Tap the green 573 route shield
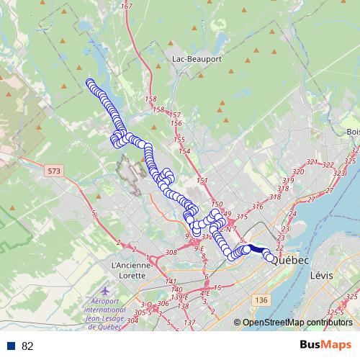(x=53, y=171)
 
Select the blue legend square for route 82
(x=12, y=346)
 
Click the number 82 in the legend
(x=27, y=346)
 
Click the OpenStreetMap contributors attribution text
(x=297, y=323)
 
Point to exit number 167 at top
(x=127, y=6)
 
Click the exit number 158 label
(x=150, y=99)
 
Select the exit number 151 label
(x=202, y=180)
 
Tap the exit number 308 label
(x=171, y=253)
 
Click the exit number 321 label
(x=312, y=163)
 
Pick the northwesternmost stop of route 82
(x=89, y=83)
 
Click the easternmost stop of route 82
(x=271, y=258)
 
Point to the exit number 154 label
(x=185, y=151)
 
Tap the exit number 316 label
(x=257, y=207)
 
